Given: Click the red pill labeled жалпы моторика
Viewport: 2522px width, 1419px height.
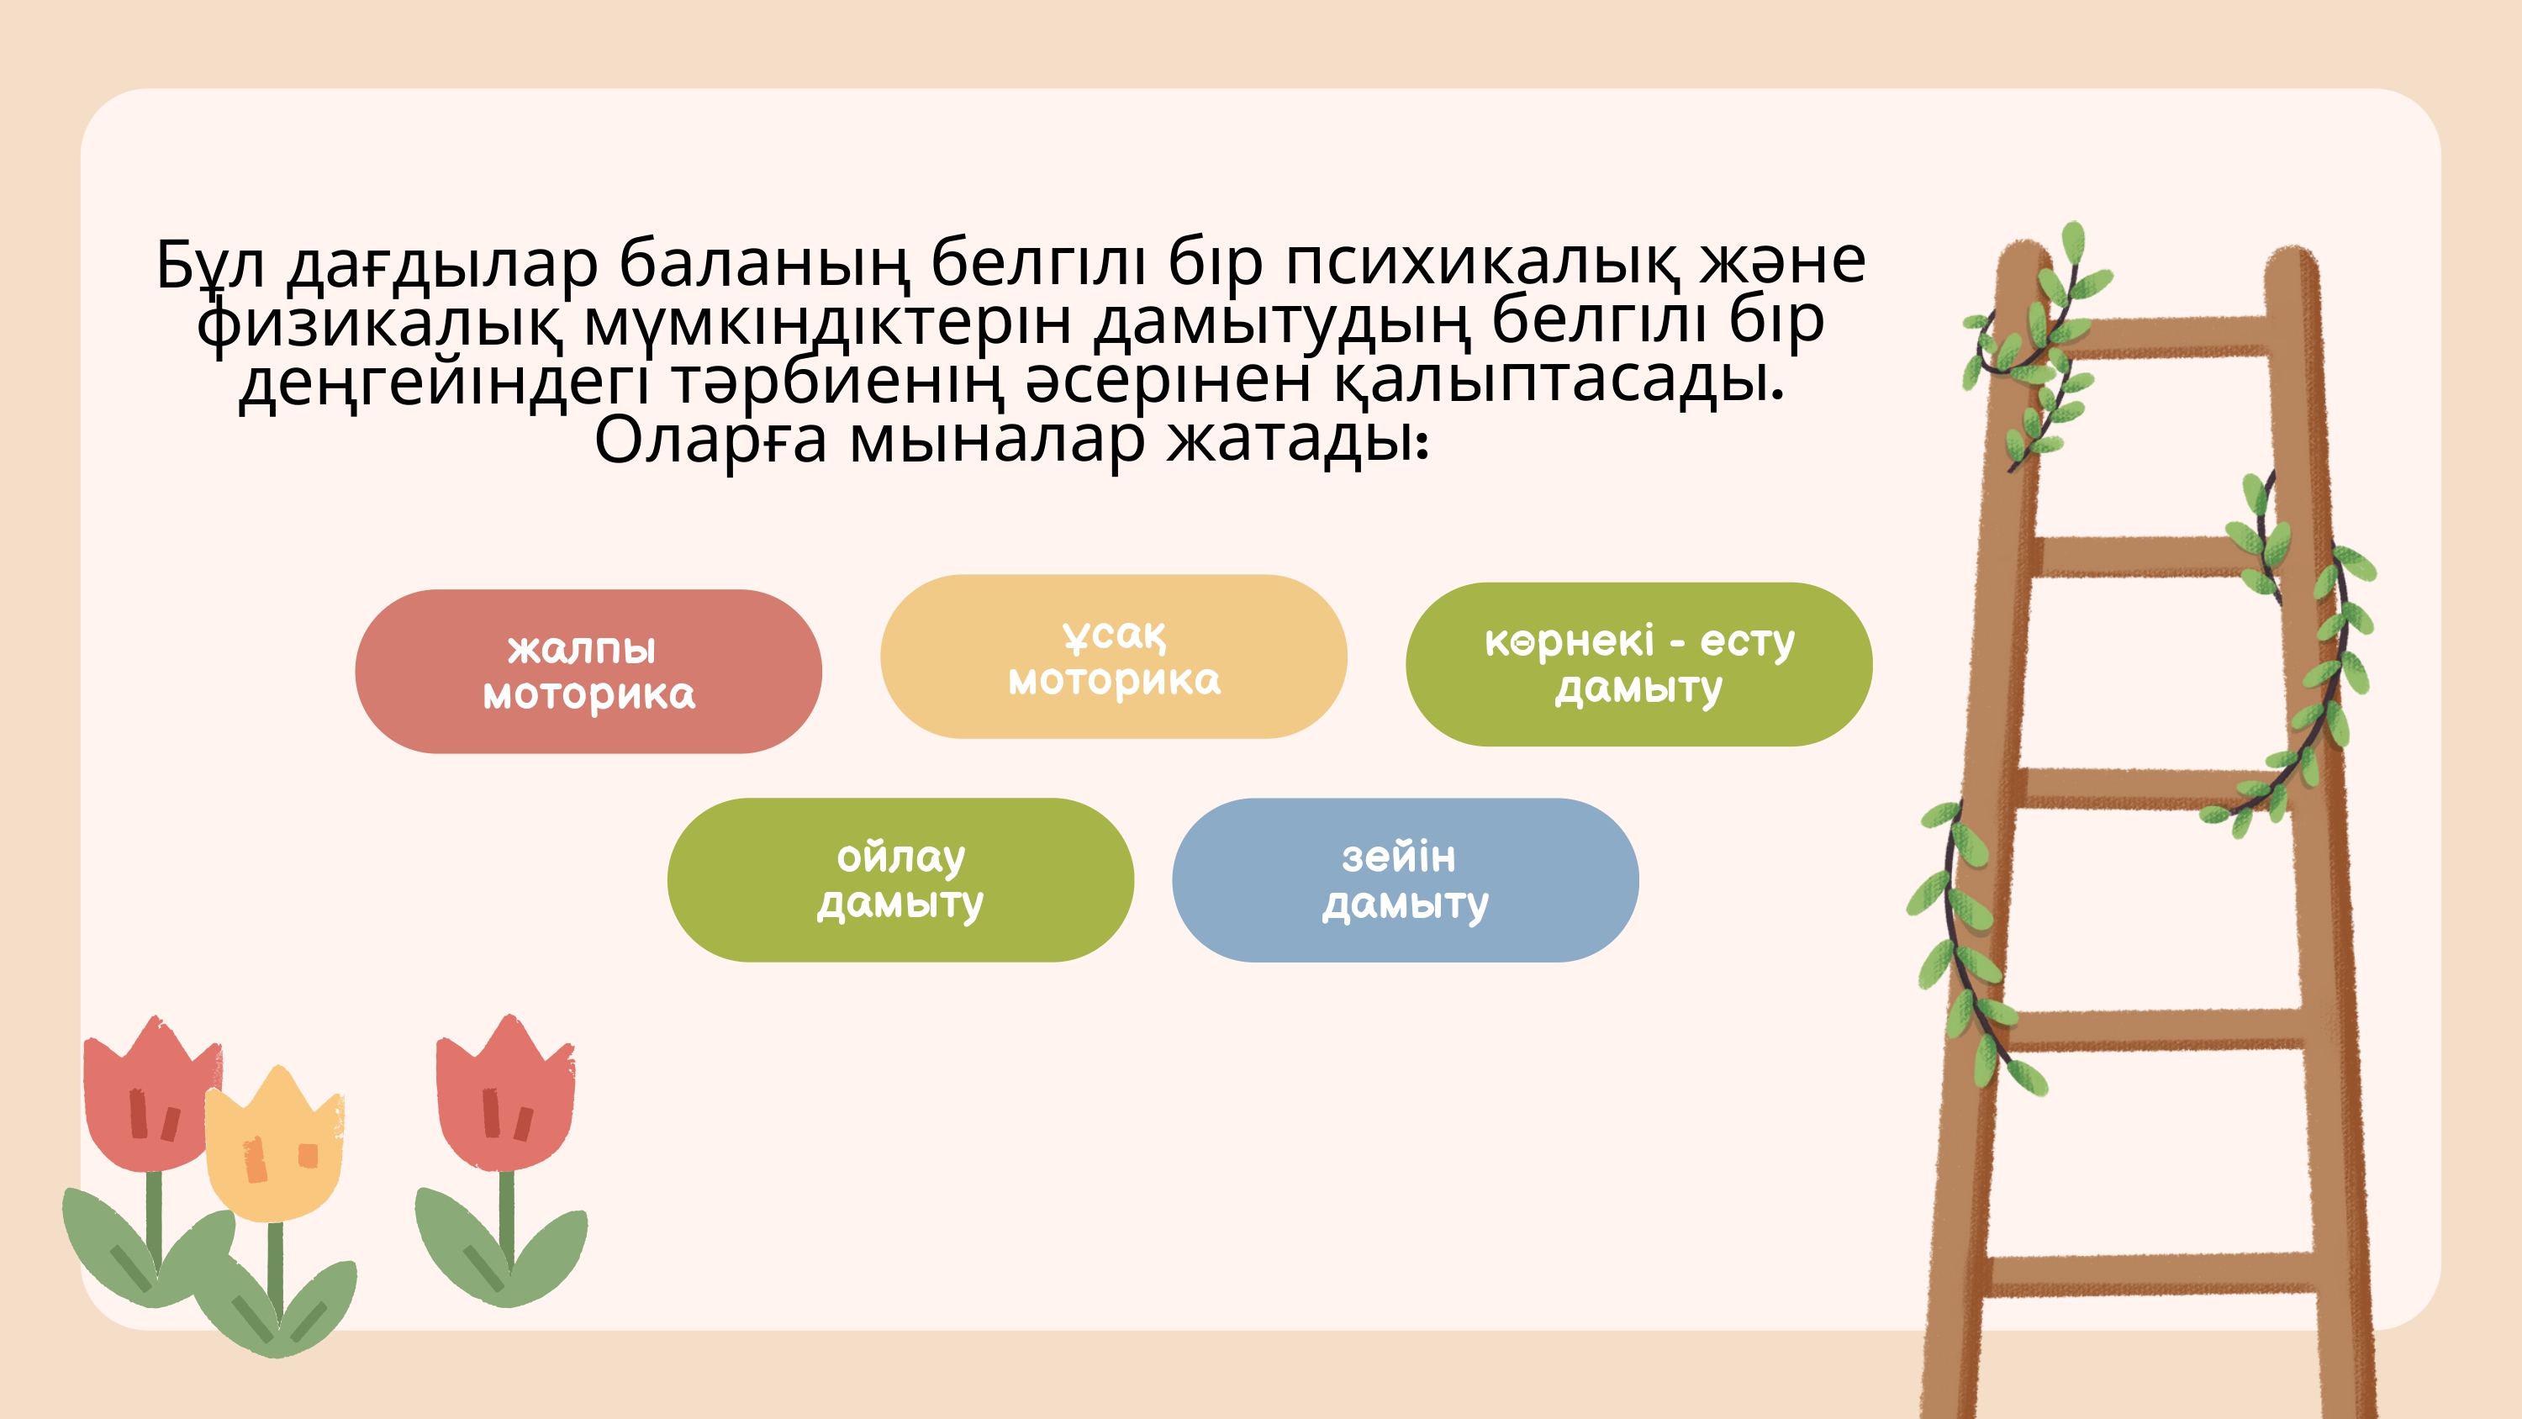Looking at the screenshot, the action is tap(588, 671).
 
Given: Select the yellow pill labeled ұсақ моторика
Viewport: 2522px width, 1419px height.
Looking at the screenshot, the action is tap(1113, 657).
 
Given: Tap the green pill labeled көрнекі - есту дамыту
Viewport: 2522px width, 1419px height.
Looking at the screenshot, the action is tap(1639, 664).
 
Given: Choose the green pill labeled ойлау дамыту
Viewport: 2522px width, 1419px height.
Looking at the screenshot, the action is tap(900, 879).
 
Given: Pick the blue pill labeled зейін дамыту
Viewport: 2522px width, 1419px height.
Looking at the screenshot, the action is tap(1405, 879).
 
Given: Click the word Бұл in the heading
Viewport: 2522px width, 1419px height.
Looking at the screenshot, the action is tap(210, 265).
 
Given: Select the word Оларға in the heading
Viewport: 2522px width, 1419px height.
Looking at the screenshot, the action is tap(710, 440).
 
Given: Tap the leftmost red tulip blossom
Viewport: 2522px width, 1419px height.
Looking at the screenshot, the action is tap(152, 1095).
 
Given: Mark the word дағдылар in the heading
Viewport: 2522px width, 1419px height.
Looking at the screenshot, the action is tap(441, 265).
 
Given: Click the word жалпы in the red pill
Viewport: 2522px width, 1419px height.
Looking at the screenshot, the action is tap(582, 649).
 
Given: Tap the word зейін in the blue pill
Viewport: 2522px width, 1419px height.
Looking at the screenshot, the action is tap(1398, 857).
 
